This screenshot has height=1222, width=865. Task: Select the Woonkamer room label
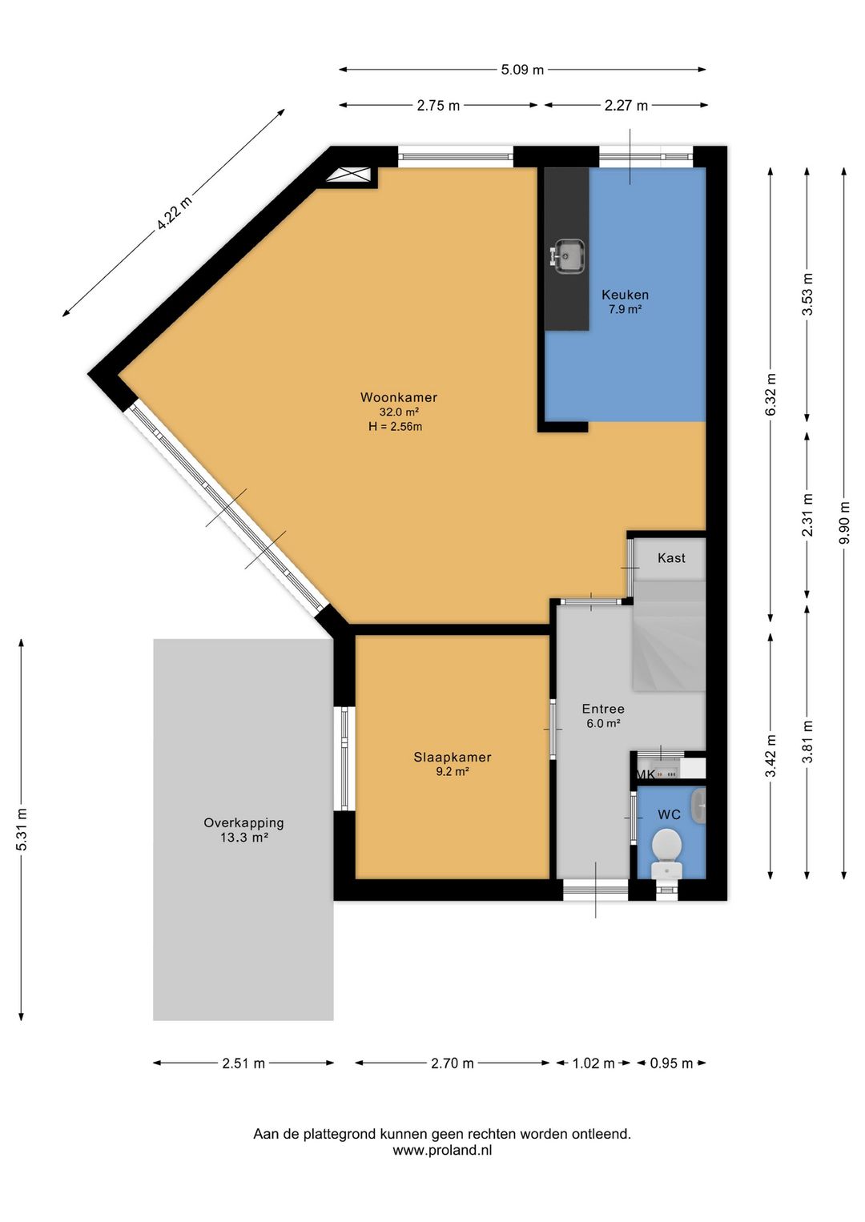[x=398, y=397]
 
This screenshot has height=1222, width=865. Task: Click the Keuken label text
[x=625, y=295]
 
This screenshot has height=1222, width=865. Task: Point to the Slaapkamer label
[x=453, y=757]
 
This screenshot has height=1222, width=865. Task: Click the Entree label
[x=603, y=709]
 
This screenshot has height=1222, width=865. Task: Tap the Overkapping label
[x=244, y=822]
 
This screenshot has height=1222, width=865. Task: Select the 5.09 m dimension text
[x=522, y=70]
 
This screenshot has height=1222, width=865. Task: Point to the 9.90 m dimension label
[x=844, y=523]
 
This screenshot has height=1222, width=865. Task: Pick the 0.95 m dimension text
[x=671, y=1063]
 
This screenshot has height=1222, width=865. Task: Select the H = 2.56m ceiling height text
[x=395, y=427]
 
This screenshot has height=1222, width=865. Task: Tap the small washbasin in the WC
[x=698, y=806]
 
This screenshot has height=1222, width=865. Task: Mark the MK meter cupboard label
[x=646, y=774]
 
